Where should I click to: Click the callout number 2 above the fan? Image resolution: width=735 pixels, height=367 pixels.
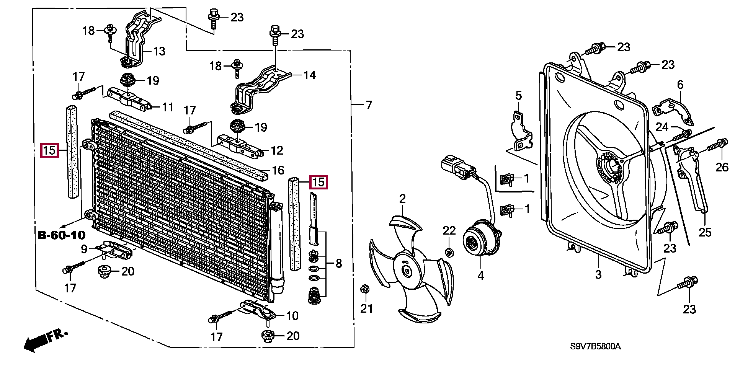(402, 199)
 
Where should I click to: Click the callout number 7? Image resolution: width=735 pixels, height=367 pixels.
(368, 105)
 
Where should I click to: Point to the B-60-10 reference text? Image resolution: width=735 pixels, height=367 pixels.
(62, 235)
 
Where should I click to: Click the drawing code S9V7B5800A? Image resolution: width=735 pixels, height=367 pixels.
(595, 347)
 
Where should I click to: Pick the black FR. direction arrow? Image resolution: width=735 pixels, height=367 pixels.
(36, 342)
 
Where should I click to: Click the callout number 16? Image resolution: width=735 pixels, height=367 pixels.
(278, 170)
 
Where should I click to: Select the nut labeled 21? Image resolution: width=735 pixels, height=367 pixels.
(364, 289)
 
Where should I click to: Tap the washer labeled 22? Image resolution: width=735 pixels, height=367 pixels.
(449, 252)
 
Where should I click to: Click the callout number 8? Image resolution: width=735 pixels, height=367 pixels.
(338, 263)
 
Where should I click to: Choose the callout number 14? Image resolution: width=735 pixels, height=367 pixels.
(309, 75)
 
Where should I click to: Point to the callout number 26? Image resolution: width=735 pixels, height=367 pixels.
(722, 167)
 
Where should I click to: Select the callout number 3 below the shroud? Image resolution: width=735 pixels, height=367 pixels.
(598, 274)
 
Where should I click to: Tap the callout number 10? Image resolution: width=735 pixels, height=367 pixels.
(292, 316)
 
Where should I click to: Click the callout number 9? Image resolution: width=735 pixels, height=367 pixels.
(84, 249)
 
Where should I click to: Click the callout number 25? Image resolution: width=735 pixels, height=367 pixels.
(705, 232)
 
